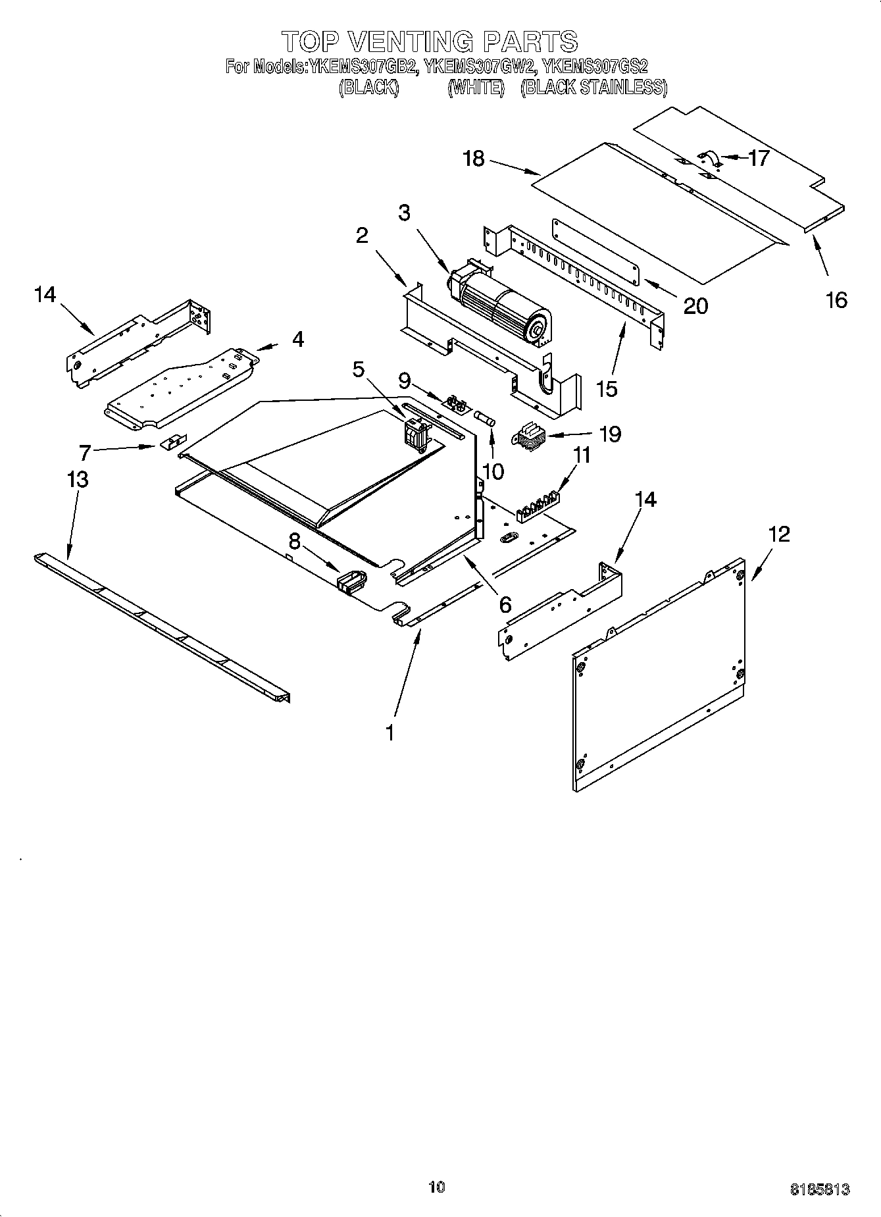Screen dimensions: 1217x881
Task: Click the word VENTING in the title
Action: coord(409,41)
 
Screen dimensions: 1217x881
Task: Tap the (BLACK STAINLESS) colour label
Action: coord(593,88)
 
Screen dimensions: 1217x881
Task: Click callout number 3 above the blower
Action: coord(404,213)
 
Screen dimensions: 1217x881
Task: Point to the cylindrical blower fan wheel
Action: coord(507,309)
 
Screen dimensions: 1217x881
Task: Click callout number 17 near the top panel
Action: coord(758,158)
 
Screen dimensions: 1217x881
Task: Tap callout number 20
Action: coord(695,305)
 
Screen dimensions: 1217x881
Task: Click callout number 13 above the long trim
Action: coord(78,479)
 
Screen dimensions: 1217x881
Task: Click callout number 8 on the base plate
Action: coord(294,541)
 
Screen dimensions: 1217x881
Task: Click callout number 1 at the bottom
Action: coord(390,733)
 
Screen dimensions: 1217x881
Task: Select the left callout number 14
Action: coord(45,295)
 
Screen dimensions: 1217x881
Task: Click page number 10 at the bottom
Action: coord(437,1187)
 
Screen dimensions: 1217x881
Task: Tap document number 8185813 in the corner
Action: coord(820,1189)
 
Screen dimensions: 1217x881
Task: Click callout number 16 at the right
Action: coord(836,301)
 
